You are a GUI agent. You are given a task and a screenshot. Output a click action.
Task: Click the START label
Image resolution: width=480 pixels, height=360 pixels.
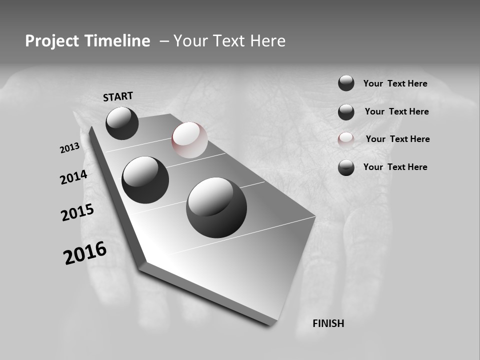[118, 96]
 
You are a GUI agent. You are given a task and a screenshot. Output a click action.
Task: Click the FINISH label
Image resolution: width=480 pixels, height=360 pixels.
[328, 323]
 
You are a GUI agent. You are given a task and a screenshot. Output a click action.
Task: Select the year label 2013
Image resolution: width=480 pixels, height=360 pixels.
[69, 148]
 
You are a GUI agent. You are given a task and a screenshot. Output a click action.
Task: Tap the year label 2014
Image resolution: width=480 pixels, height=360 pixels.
[73, 177]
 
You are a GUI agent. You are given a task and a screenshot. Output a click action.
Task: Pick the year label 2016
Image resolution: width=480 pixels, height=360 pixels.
[85, 253]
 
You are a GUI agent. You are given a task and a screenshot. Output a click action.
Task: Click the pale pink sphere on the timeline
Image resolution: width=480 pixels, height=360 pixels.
[189, 140]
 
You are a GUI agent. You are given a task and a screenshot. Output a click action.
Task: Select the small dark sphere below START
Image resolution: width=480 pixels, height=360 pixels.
[122, 123]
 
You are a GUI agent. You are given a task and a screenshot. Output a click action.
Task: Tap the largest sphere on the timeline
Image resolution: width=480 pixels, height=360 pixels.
[216, 207]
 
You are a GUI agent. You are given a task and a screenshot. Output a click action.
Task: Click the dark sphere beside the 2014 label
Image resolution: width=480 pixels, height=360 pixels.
[145, 179]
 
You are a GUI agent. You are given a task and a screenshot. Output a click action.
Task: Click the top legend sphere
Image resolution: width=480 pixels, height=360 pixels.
[346, 83]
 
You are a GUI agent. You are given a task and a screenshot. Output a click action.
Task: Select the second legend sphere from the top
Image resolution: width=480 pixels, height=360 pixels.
[346, 112]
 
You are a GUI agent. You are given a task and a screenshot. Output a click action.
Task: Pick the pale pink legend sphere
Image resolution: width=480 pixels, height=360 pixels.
[346, 139]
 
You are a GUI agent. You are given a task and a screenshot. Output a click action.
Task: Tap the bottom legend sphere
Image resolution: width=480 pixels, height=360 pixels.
[346, 167]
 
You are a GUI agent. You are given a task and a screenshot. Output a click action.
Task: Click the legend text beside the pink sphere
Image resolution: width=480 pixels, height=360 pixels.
[397, 139]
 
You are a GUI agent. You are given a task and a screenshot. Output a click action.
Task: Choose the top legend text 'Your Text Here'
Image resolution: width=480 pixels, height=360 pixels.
[395, 83]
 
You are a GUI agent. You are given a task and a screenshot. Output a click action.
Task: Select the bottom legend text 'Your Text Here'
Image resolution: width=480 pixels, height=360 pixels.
[395, 167]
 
